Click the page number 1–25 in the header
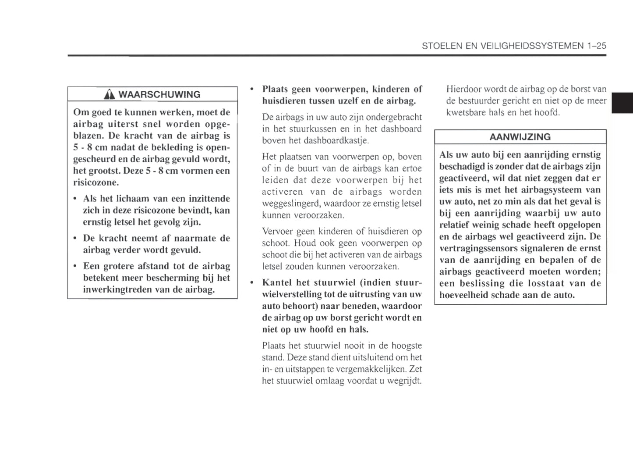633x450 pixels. (596, 46)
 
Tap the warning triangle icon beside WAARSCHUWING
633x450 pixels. (111, 94)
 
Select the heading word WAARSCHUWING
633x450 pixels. (159, 94)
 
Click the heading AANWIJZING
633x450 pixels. (520, 137)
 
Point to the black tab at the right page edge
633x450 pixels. (622, 103)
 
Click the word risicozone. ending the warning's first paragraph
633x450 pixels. (96, 182)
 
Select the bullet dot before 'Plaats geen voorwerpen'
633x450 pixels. (252, 89)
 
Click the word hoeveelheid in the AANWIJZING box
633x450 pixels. (464, 295)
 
